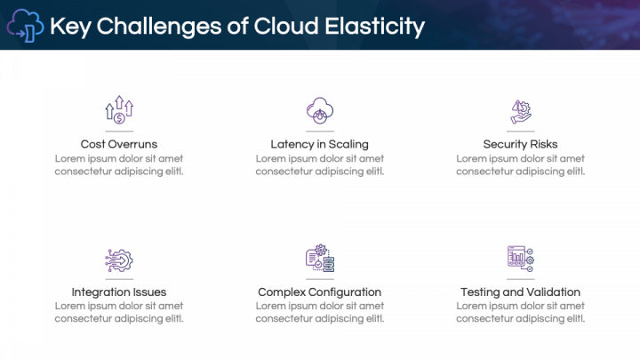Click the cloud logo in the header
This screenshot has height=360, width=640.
pos(25,27)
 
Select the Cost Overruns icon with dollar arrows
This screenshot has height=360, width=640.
pos(119,110)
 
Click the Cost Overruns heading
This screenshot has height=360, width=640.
pos(119,144)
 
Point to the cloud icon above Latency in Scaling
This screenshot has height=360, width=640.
pos(319,110)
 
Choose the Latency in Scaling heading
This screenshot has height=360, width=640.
pos(319,144)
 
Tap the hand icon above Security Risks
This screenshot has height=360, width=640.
pos(520,110)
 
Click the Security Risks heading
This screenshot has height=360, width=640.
pos(520,144)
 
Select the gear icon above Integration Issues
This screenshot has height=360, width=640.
pos(119,259)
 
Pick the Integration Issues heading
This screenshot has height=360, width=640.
pos(119,292)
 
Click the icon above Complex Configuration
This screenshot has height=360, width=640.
pos(319,259)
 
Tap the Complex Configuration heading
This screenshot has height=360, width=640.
pos(319,292)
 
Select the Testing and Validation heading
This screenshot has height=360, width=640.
pos(520,292)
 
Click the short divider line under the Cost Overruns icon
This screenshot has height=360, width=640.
pos(119,132)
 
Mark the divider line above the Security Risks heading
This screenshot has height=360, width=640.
pos(520,132)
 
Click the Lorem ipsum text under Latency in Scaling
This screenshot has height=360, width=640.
pos(319,164)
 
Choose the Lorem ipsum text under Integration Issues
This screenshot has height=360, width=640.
pos(119,312)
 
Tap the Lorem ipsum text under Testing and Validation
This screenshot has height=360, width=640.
pos(520,312)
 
